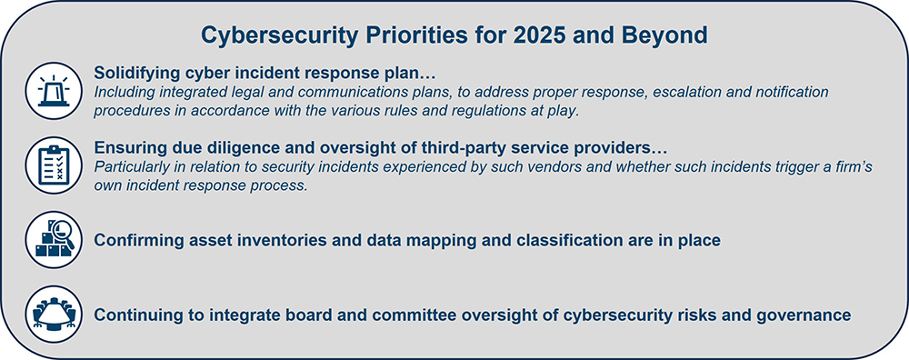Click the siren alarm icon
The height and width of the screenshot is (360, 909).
click(x=54, y=91)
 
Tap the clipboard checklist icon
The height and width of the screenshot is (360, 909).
click(x=54, y=165)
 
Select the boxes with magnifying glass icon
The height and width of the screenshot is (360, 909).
click(x=54, y=239)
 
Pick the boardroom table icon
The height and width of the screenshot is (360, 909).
click(x=54, y=314)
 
